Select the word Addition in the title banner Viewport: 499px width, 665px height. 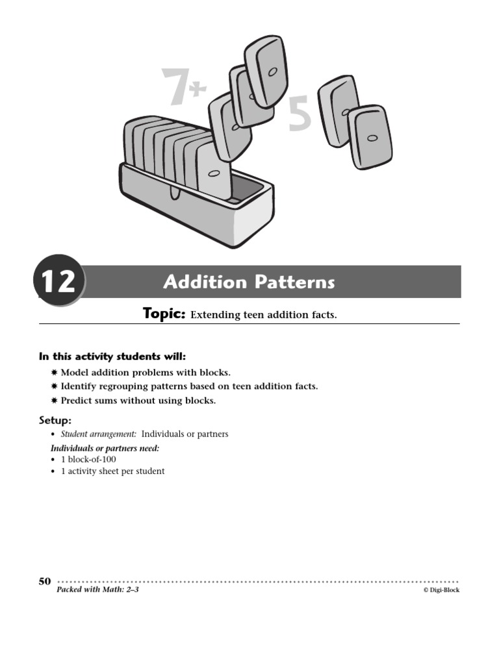(205, 282)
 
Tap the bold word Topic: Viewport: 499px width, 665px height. (164, 314)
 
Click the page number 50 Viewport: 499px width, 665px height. (45, 581)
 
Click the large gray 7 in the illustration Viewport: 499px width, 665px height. (173, 87)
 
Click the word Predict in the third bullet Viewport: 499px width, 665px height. (77, 401)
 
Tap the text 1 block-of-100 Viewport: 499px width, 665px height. (88, 459)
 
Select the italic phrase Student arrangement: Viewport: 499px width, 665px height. (99, 434)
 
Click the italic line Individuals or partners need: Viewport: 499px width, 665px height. (105, 448)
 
